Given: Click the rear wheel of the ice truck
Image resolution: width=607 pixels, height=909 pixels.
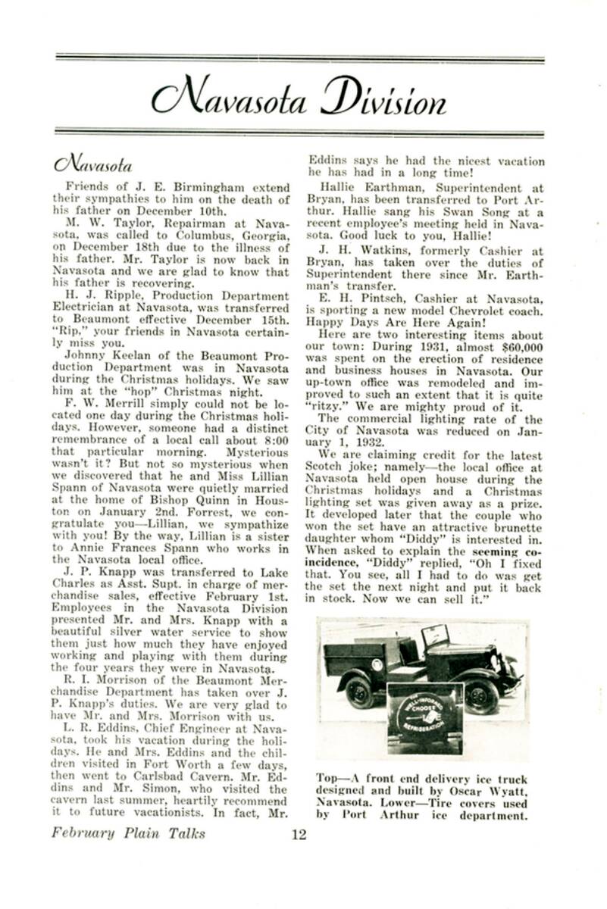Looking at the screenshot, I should click(359, 691).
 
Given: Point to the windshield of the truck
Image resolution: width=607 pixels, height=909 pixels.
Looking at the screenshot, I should click(435, 636).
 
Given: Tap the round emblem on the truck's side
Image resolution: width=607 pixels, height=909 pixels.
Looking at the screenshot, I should click(377, 666).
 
